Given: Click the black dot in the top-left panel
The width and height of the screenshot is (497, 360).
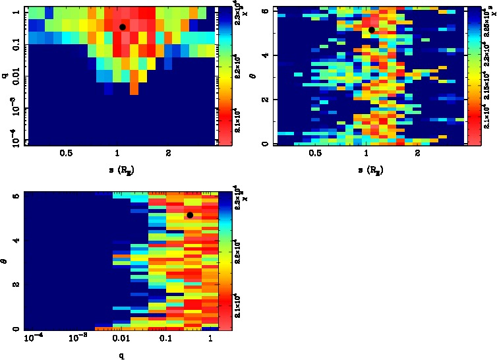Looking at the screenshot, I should tap(123, 27).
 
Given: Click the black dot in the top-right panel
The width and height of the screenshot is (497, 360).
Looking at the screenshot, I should tap(372, 30).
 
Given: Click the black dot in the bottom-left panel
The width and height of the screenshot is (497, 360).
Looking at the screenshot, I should tap(190, 215).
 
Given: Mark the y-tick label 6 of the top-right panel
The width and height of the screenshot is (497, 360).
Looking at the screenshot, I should tap(264, 11).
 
